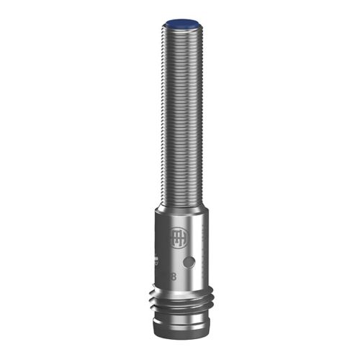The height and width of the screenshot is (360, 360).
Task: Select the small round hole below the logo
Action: pos(190,261)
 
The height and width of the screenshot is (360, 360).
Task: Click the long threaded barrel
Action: pos(179,115)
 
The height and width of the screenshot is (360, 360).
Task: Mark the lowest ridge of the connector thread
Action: pos(180,312)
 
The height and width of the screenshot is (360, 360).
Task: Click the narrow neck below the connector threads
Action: pos(180,320)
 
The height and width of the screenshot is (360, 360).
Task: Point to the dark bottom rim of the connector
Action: pos(180,339)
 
